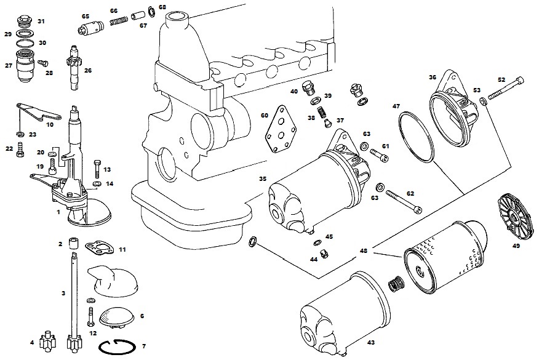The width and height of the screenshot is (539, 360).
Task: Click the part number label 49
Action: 516,246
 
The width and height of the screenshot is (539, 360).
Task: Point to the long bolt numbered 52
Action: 506,89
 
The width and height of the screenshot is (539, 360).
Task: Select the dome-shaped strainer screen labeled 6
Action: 117,316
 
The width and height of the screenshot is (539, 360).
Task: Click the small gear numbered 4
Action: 48,341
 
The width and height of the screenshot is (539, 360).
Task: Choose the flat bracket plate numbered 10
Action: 39,111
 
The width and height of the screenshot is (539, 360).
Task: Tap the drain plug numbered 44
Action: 323,254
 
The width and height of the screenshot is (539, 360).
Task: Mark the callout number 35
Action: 263,179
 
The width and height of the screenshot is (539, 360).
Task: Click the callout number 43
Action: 371,343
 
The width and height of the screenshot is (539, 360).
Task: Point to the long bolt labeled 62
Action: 404,201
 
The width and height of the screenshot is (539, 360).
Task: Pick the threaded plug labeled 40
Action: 309,89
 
